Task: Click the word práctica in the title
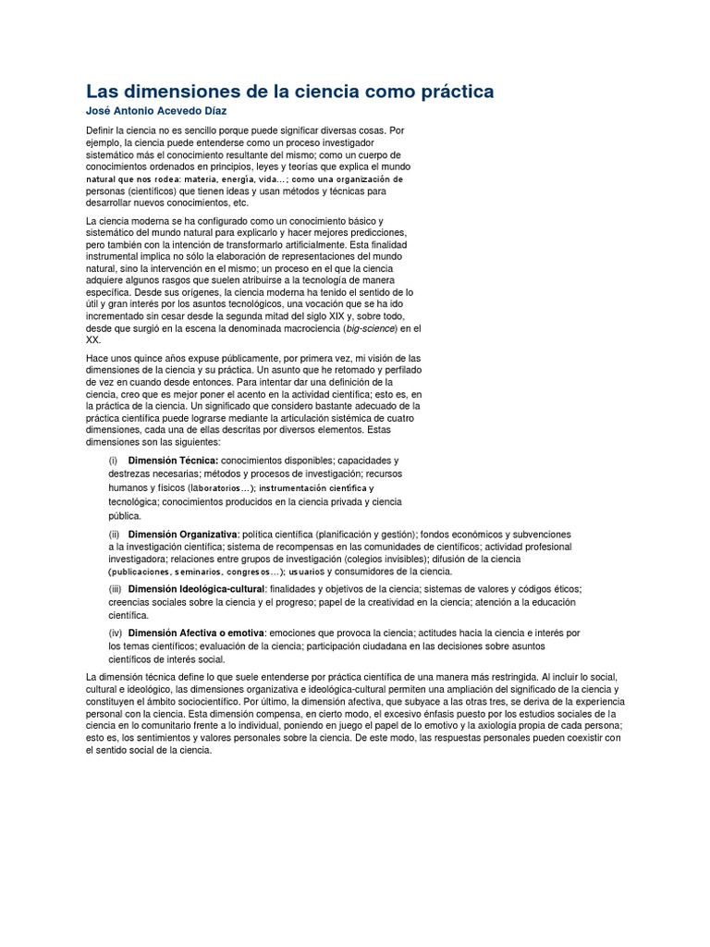click(x=447, y=92)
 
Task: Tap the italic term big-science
click(x=370, y=327)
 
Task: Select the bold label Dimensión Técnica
click(x=173, y=461)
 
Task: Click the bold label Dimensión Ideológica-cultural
click(x=197, y=589)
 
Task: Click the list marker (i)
click(x=114, y=461)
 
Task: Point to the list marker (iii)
click(x=116, y=589)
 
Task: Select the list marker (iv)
click(x=116, y=633)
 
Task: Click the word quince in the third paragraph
click(x=146, y=358)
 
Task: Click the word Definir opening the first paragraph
click(x=103, y=131)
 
